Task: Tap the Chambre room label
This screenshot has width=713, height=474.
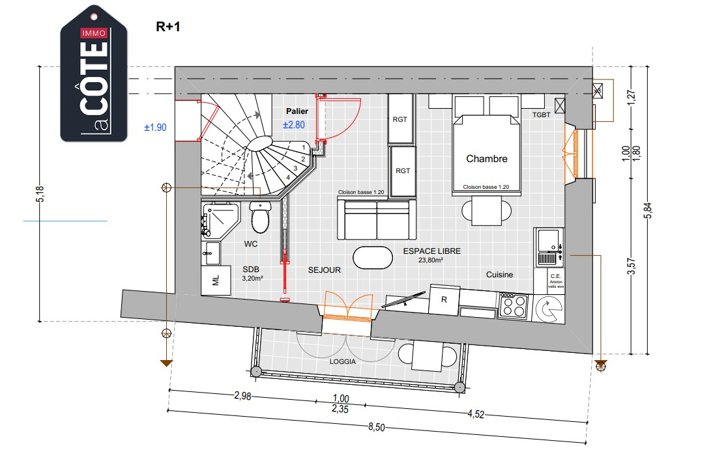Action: click(x=486, y=158)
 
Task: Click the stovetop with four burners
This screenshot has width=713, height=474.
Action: click(x=514, y=305)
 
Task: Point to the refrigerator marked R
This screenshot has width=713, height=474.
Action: click(x=444, y=300)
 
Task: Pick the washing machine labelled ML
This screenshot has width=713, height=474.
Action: click(x=216, y=280)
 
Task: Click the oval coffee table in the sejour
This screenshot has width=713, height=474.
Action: click(x=373, y=257)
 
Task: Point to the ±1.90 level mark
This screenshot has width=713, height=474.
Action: click(x=155, y=127)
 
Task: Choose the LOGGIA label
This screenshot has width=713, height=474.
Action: click(x=343, y=362)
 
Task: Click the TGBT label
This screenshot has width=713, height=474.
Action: click(x=541, y=115)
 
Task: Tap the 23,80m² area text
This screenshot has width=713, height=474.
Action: click(x=431, y=260)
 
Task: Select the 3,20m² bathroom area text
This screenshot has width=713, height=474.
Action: click(x=252, y=278)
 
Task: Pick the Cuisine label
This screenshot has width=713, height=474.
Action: click(x=499, y=275)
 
